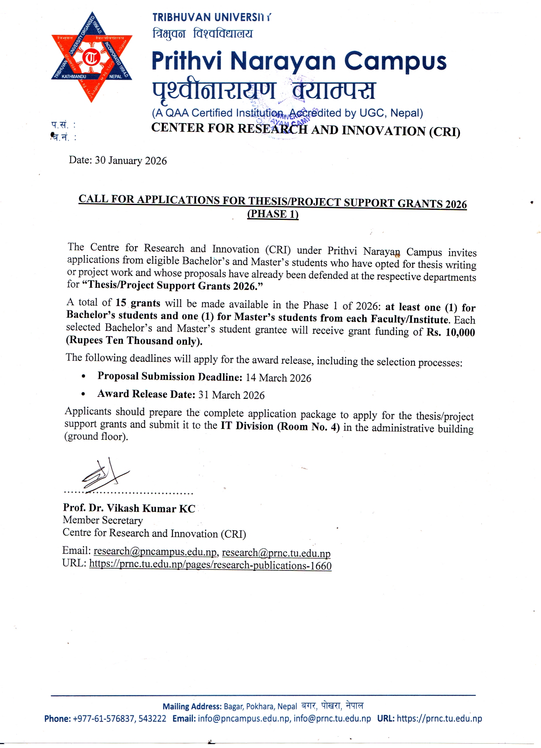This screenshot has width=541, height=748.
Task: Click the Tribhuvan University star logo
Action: tap(91, 57)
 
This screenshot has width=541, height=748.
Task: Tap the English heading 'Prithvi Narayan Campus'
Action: tap(299, 61)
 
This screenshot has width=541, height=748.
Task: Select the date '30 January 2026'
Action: tap(131, 161)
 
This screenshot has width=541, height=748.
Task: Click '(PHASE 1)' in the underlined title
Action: tap(273, 214)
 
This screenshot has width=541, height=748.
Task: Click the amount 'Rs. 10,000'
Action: tap(451, 332)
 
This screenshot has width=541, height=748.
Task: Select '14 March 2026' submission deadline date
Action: tap(278, 378)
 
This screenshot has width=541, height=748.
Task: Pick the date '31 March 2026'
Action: tap(231, 395)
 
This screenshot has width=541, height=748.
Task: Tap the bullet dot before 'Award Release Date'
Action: tap(83, 394)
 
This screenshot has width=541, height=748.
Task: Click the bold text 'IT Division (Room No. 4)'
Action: tap(280, 426)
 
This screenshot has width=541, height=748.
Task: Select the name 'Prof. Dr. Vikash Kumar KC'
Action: tap(129, 509)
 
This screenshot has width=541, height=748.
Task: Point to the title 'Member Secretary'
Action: tap(103, 520)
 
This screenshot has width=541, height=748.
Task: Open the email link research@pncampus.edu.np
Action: tap(155, 552)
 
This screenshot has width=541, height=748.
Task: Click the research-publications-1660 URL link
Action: tap(210, 565)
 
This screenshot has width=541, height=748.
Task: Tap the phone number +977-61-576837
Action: tap(104, 718)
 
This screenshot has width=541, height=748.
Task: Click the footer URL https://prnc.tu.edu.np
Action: tap(439, 718)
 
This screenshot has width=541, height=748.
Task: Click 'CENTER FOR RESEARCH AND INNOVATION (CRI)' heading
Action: tap(306, 129)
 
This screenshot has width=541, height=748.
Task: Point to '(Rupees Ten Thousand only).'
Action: tap(134, 340)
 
